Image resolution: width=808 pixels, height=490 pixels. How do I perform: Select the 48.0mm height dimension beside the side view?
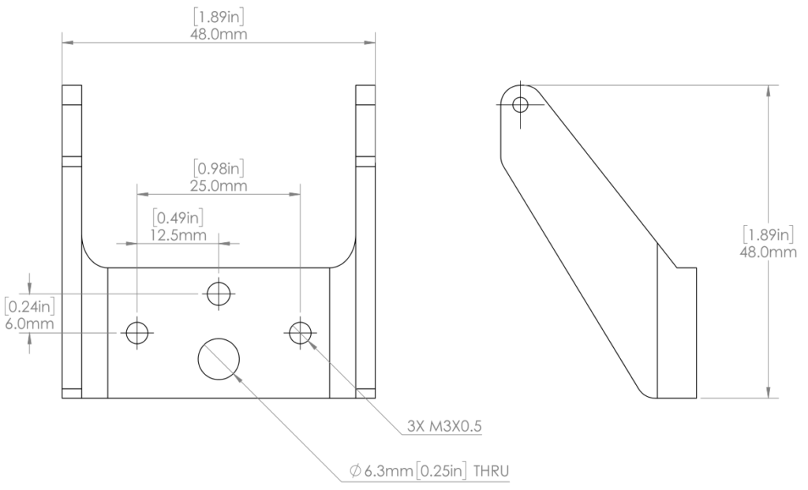770,251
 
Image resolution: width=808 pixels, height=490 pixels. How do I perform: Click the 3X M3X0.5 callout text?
444,427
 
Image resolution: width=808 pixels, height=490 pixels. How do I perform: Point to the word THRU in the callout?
491,472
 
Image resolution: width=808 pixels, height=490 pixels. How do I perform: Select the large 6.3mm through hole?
219,358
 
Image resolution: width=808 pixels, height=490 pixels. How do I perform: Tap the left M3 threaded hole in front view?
137,333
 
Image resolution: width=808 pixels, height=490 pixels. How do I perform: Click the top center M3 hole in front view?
219,294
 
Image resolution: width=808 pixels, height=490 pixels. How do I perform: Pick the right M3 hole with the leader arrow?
299,333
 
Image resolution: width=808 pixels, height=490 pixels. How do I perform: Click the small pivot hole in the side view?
520,104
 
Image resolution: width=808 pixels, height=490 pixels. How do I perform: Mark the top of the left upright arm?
72,86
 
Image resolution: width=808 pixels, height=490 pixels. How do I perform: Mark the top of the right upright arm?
366,86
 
